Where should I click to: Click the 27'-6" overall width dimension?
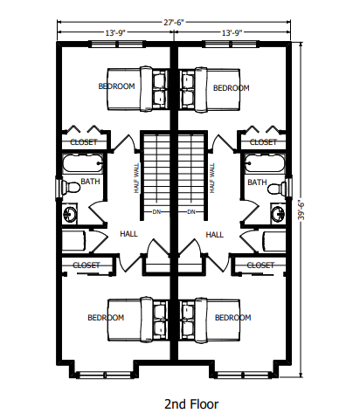coord(174,23)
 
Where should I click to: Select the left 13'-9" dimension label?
coord(115,33)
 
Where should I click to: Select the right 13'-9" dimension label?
coord(232,33)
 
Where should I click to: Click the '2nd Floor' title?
coord(191,404)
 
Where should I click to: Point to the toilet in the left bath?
coord(70,187)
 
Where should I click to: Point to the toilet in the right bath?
coord(277,188)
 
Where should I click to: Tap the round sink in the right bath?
coord(278,213)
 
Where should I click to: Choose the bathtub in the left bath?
coord(83,164)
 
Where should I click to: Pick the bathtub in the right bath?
coord(265,163)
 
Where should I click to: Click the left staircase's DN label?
coord(156,212)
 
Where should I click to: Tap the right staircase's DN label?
coord(191,212)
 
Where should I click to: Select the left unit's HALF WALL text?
coord(136,178)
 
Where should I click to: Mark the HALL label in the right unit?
coord(215,235)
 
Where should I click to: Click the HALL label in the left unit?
coord(128,234)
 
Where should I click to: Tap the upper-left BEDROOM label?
coord(116,86)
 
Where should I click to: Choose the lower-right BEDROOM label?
coord(232,317)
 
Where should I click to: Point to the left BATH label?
coord(90,182)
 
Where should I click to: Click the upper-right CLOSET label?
coord(263,142)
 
